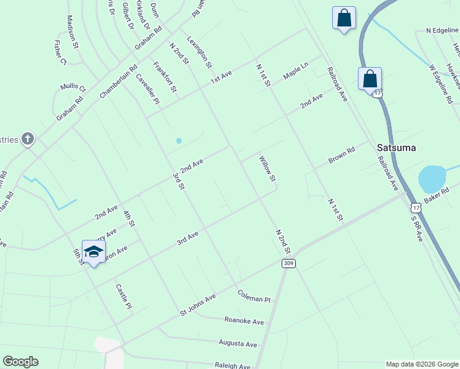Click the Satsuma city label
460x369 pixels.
click(x=397, y=148)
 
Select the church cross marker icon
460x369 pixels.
click(x=27, y=139)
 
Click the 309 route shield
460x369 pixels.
click(x=288, y=263)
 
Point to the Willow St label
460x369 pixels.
click(x=267, y=169)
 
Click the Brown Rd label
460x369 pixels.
click(x=342, y=154)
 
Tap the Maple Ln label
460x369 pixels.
click(x=295, y=71)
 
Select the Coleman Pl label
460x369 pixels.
click(x=254, y=295)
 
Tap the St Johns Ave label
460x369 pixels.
click(x=197, y=306)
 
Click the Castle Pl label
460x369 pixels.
click(x=123, y=296)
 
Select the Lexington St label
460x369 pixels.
click(x=199, y=51)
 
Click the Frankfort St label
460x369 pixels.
click(x=165, y=77)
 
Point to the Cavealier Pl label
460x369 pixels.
click(x=148, y=89)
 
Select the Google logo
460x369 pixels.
click(x=20, y=362)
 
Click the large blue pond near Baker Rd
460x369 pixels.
click(x=432, y=179)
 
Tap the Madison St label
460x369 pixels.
click(x=73, y=32)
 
